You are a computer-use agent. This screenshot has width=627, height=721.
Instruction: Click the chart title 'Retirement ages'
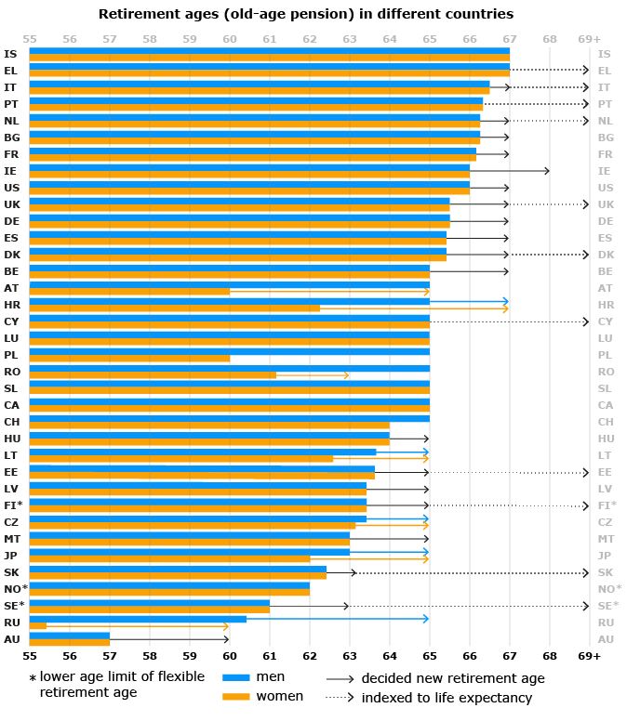(306, 14)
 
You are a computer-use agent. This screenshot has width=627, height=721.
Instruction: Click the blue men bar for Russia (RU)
(138, 618)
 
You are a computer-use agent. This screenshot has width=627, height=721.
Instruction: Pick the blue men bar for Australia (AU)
(70, 635)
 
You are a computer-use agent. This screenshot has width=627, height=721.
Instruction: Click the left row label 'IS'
(10, 54)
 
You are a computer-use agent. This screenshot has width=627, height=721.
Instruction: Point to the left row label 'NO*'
(15, 589)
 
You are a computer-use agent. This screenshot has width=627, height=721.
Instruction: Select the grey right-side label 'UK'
(605, 204)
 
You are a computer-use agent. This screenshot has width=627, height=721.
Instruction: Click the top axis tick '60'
(229, 39)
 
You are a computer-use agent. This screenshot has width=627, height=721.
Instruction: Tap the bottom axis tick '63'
(349, 656)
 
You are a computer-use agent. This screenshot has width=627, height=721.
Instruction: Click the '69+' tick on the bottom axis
(589, 656)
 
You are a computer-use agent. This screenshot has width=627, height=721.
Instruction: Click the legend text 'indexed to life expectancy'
(447, 698)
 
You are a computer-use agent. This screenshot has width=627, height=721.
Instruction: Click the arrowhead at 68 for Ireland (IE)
(547, 171)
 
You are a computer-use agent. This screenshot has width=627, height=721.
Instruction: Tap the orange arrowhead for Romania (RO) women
(346, 375)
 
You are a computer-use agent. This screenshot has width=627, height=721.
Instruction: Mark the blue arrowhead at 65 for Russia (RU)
(426, 618)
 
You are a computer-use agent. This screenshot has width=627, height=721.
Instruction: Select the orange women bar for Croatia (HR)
(174, 308)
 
